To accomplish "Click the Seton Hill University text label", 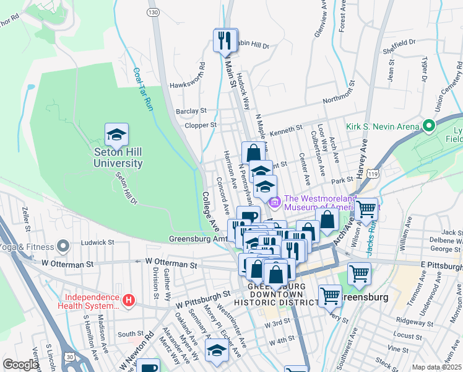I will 118,158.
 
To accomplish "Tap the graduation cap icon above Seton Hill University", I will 117,134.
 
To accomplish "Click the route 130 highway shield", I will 152,12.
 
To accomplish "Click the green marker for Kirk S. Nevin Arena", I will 428,126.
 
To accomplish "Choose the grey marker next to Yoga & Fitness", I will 62,247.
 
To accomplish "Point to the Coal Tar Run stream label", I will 143,89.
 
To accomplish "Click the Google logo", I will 21,365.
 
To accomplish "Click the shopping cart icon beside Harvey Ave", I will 366,209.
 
